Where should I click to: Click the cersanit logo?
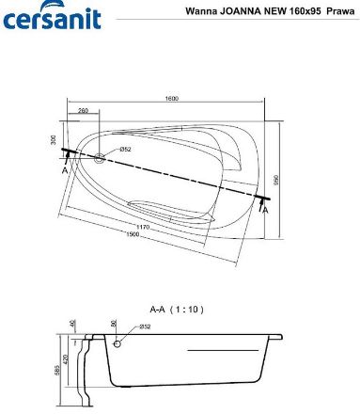coord(52,15)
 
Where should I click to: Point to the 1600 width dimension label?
coord(171,99)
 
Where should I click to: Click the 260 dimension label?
coord(83,110)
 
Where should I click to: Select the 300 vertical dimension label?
coord(54,140)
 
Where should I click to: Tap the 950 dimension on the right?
coord(276,180)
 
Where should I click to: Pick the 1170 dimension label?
coord(143,227)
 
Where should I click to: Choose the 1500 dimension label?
coord(133,234)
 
